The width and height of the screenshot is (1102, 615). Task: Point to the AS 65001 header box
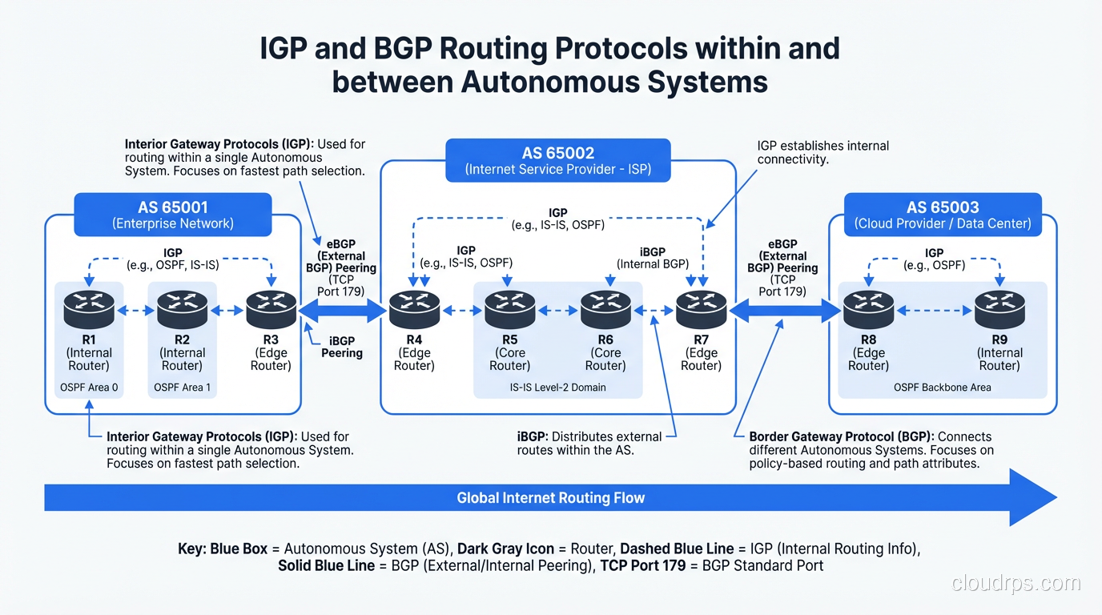pyautogui.click(x=173, y=215)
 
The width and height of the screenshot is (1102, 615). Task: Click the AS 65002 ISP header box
pyautogui.click(x=558, y=160)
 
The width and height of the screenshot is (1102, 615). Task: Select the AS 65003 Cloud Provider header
pyautogui.click(x=943, y=215)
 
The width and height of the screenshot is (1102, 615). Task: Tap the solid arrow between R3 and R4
pyautogui.click(x=342, y=311)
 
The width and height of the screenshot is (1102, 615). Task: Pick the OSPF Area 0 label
pyautogui.click(x=89, y=388)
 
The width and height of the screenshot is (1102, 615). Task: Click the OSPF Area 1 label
pyautogui.click(x=183, y=388)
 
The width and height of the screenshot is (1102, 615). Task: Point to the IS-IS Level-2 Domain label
pyautogui.click(x=558, y=388)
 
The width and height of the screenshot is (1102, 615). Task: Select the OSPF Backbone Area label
pyautogui.click(x=942, y=388)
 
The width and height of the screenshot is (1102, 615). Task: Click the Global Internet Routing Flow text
pyautogui.click(x=550, y=498)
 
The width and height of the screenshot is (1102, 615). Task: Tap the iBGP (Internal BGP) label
pyautogui.click(x=653, y=257)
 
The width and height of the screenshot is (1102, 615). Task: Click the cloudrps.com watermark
pyautogui.click(x=1016, y=583)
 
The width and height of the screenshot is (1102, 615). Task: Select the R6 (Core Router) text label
pyautogui.click(x=605, y=353)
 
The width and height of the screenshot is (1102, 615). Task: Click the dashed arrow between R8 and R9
pyautogui.click(x=934, y=311)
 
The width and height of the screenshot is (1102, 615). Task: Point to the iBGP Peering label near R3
pyautogui.click(x=342, y=346)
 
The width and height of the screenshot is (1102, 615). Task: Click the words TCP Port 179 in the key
pyautogui.click(x=644, y=565)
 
